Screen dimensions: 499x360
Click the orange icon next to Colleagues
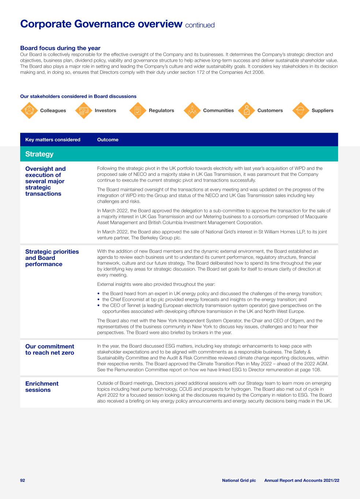point(29,110)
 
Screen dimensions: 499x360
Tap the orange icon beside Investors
point(84,110)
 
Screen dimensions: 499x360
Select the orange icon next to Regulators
point(138,110)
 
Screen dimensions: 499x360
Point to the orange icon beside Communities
point(192,110)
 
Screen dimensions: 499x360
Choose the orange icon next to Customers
point(247,110)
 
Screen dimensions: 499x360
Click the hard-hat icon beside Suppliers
point(301,110)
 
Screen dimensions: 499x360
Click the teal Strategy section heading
point(40,154)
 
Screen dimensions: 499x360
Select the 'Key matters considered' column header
point(53,140)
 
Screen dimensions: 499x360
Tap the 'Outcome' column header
point(108,140)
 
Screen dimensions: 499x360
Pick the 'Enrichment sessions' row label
point(42,387)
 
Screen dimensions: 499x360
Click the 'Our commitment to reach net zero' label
point(49,349)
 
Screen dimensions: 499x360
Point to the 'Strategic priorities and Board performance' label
point(52,258)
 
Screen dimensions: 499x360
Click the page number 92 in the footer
point(22,480)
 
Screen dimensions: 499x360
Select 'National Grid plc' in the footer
point(239,480)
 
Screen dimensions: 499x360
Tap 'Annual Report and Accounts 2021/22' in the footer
point(302,480)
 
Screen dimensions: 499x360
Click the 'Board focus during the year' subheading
point(60,48)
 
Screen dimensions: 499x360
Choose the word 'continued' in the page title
point(200,25)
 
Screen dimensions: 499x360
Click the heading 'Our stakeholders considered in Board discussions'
point(78,97)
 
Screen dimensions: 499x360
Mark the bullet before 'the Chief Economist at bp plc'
point(99,299)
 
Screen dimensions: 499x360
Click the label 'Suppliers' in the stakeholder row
point(322,110)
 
